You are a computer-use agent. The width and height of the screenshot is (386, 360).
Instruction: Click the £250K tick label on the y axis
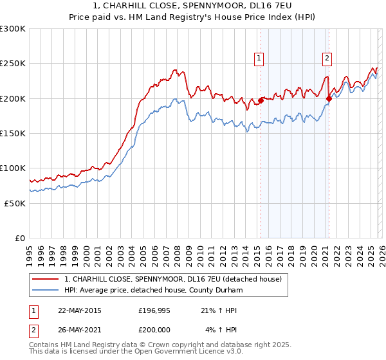pyautogui.click(x=13, y=64)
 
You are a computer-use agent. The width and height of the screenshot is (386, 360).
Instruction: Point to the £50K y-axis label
pyautogui.click(x=15, y=203)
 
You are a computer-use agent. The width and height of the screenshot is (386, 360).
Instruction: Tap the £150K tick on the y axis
pyautogui.click(x=13, y=133)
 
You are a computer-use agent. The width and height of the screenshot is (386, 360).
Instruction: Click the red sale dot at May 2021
pyautogui.click(x=329, y=98)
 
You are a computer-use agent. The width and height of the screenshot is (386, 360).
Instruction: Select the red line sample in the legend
pyautogui.click(x=45, y=280)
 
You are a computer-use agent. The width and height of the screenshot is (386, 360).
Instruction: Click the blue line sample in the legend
pyautogui.click(x=45, y=291)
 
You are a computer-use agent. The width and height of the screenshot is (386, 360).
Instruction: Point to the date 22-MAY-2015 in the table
pyautogui.click(x=80, y=310)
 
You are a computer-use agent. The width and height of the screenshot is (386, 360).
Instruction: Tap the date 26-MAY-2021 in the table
pyautogui.click(x=80, y=330)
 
